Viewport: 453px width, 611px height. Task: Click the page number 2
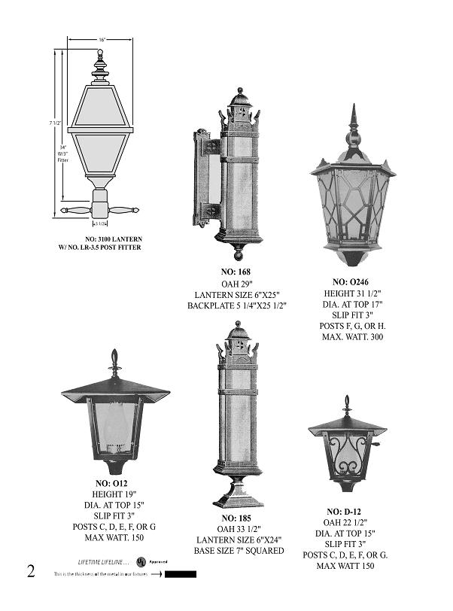coord(31,570)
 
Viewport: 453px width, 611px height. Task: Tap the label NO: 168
coord(236,272)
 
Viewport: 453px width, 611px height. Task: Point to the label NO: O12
coord(111,482)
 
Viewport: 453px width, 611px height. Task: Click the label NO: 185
coord(239,518)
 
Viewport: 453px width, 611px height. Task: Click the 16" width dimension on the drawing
coord(102,39)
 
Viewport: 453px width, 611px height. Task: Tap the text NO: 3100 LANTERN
coord(113,239)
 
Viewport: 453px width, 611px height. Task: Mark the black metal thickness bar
coord(181,574)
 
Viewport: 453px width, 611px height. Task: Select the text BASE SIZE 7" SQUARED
coord(240,551)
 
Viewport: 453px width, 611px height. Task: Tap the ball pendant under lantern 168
coord(240,248)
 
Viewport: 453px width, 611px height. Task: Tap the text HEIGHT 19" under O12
coord(113,494)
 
